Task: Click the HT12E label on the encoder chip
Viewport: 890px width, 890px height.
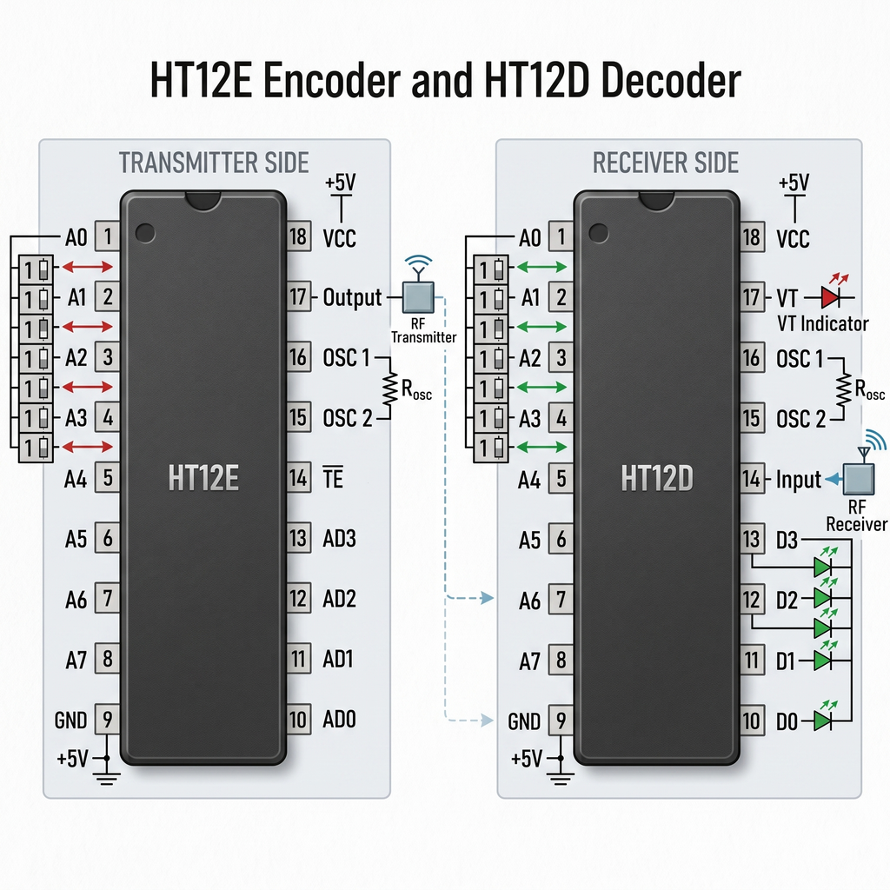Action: (x=203, y=478)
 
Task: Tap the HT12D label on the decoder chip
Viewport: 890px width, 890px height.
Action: (x=657, y=478)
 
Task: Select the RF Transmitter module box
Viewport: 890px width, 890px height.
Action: (x=418, y=297)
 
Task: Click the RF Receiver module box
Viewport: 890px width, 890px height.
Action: (x=858, y=479)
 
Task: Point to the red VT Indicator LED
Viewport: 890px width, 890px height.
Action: (x=830, y=297)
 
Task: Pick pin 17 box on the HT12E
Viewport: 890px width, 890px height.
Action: (x=299, y=296)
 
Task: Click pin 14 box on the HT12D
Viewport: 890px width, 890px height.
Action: (x=752, y=479)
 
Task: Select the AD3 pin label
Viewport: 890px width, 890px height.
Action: (x=339, y=538)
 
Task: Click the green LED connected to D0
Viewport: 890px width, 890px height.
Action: (x=822, y=721)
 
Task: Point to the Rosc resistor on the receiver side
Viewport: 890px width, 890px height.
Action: (x=843, y=389)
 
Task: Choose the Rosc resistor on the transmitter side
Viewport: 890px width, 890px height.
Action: (x=390, y=389)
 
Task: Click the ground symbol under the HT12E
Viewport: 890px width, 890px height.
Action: (x=106, y=777)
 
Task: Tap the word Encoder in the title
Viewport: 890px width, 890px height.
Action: (x=331, y=80)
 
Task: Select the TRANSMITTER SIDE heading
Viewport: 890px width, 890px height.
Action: (x=214, y=163)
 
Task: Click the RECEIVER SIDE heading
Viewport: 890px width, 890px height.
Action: (x=666, y=163)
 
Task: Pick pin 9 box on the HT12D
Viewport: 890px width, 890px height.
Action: (x=561, y=721)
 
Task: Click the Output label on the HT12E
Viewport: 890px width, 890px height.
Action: (x=352, y=297)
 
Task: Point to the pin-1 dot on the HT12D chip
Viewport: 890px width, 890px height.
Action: (x=598, y=233)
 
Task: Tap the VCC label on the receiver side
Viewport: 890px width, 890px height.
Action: (x=793, y=239)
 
